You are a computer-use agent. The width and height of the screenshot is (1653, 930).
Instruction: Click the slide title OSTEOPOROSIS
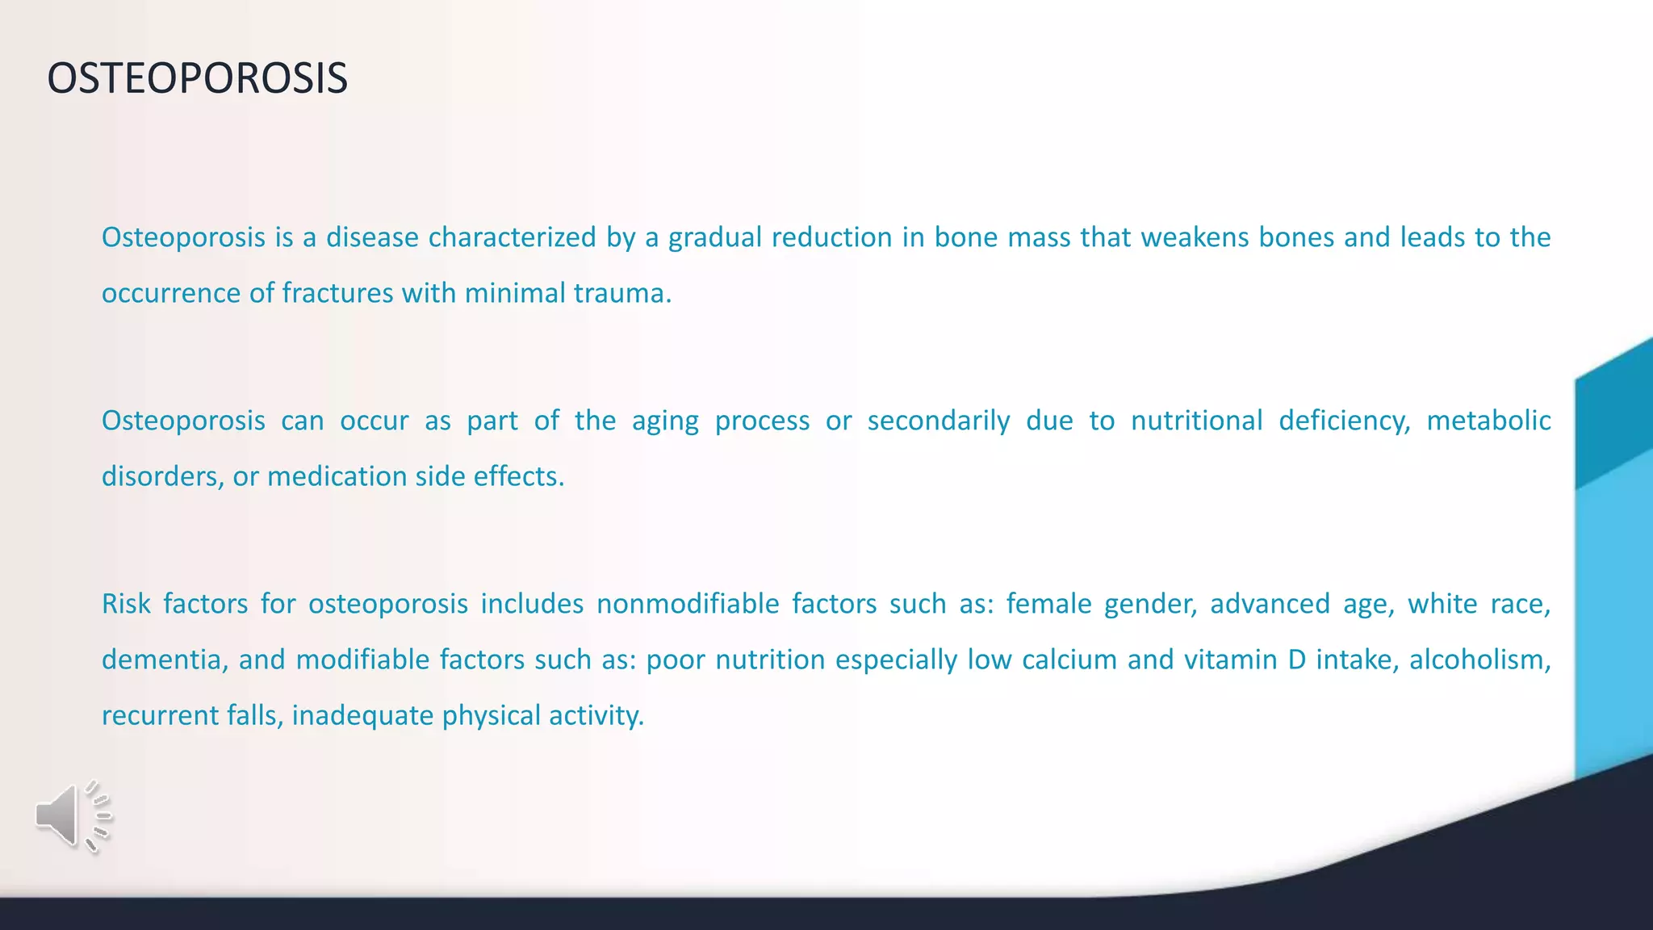coord(197,79)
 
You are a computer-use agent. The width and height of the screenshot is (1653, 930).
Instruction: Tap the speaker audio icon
coord(73,816)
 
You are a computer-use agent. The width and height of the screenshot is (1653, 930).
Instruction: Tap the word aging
coord(665,421)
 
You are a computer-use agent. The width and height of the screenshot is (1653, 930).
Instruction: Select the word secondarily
coord(939,421)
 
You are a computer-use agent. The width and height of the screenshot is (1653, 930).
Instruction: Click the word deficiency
coord(1344,421)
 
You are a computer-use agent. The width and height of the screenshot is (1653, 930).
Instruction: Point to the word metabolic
coord(1488,421)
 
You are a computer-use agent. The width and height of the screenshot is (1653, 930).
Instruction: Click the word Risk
coord(125,604)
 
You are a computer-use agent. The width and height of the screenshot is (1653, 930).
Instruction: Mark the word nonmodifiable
coord(688,604)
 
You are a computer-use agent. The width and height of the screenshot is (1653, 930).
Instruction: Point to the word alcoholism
coord(1479,660)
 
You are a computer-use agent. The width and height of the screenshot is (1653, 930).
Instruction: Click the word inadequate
coord(362,716)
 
